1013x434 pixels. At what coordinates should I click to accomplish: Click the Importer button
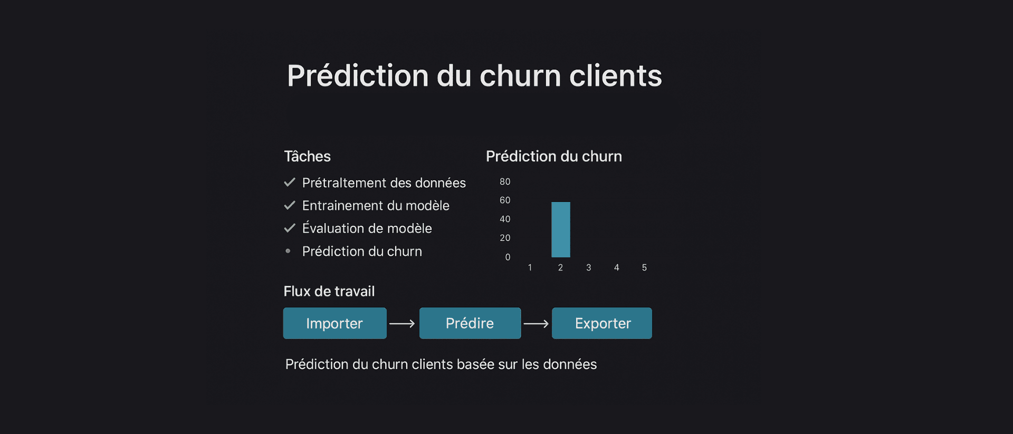coord(335,323)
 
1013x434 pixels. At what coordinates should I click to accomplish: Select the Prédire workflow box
coord(470,323)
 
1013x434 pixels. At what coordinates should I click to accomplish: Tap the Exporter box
coord(602,323)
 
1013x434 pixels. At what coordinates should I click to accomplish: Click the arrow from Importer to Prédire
coord(402,324)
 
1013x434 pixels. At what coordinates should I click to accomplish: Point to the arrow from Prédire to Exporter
coord(536,324)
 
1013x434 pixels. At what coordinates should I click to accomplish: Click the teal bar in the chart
coord(561,229)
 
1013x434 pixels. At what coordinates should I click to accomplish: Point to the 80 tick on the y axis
coord(505,182)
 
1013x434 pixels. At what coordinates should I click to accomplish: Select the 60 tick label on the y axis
coord(505,200)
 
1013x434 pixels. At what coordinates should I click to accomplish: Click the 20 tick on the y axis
coord(505,238)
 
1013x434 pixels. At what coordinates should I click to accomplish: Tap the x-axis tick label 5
coord(644,268)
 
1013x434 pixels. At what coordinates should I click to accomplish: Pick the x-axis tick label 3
coord(589,268)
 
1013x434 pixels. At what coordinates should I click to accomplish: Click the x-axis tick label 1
coord(530,268)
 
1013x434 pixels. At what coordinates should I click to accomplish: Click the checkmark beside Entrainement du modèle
coord(290,205)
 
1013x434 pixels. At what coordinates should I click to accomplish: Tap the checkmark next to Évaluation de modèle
coord(290,228)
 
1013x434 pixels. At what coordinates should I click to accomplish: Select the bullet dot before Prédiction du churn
coord(288,251)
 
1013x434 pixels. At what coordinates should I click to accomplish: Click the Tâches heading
coord(308,156)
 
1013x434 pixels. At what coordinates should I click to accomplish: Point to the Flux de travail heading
coord(329,291)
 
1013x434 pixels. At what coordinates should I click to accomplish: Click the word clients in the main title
coord(616,75)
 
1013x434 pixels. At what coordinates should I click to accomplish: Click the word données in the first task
coord(441,183)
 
